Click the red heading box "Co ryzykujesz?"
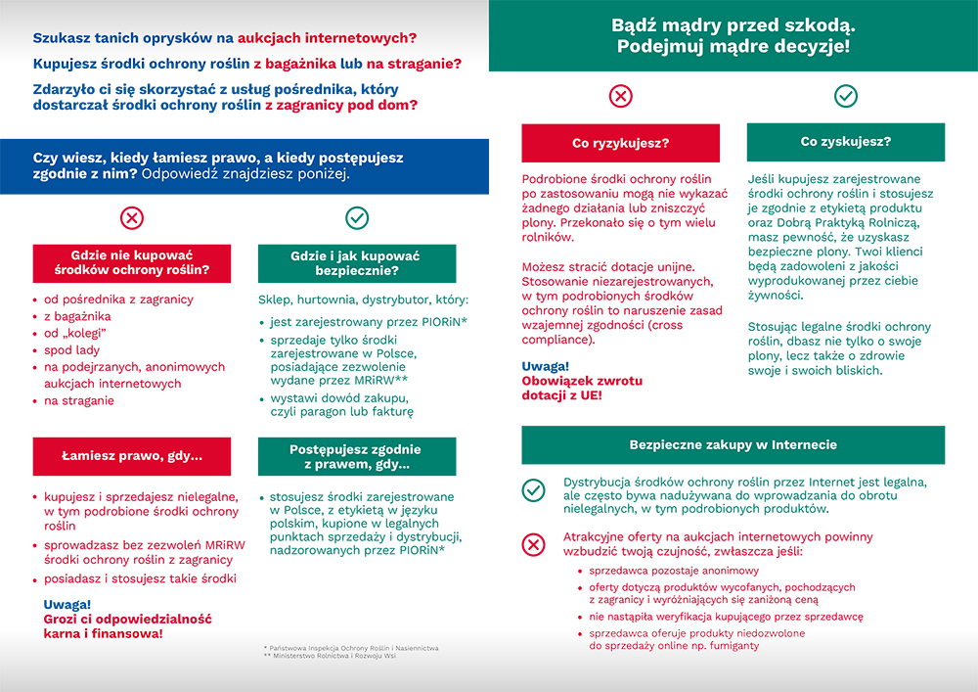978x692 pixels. coord(620,143)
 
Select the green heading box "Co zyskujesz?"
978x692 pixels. coord(845,142)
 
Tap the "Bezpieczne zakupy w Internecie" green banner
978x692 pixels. coord(733,444)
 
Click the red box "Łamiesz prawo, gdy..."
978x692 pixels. coord(131,456)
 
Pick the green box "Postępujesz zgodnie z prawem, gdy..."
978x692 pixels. coord(357,456)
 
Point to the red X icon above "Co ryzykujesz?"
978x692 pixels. coord(620,96)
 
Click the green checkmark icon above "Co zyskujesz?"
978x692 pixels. coord(845,96)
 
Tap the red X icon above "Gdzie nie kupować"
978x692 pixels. coord(131,217)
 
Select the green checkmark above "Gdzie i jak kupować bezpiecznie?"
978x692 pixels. coord(357,217)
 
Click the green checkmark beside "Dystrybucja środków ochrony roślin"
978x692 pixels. coord(533,490)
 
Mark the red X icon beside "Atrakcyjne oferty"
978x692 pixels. coord(533,544)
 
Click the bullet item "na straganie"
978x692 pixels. coord(79,400)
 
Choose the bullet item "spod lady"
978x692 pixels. coord(73,349)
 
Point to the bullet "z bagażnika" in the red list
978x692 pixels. coord(77,316)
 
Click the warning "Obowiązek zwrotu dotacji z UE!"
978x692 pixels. coord(561,388)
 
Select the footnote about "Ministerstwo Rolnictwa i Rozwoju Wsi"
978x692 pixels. coord(333,656)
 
